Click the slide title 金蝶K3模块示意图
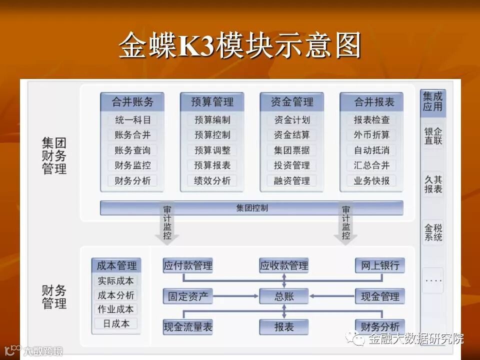point(239,46)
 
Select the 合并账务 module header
point(132,102)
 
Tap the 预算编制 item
point(212,120)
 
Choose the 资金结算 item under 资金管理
point(292,135)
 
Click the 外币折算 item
point(371,135)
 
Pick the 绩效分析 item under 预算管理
point(212,181)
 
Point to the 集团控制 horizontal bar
point(251,208)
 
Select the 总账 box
point(284,296)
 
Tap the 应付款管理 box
point(188,265)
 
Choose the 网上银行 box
point(380,265)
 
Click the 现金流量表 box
point(188,327)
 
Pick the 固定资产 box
point(188,296)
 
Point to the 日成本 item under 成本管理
point(116,323)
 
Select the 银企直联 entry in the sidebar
point(433,136)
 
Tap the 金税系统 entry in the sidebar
point(433,232)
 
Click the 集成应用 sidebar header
point(433,101)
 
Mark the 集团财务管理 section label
point(54,155)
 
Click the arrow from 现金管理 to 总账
point(332,296)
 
